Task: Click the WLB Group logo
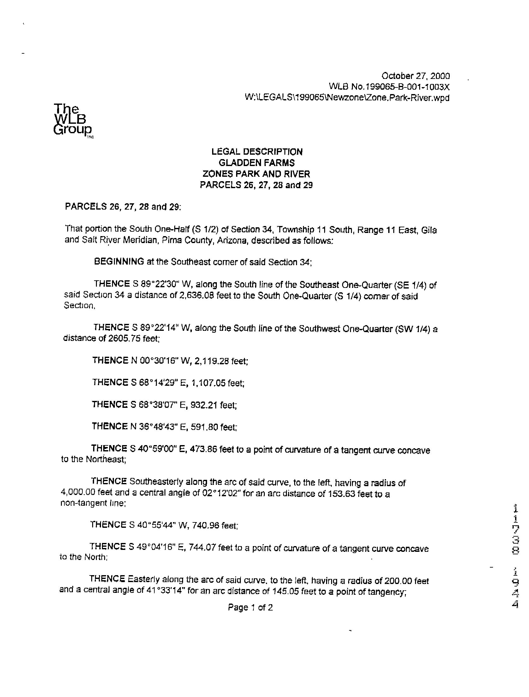coord(73,120)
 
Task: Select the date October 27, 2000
coord(415,76)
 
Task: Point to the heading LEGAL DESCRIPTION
coord(257,152)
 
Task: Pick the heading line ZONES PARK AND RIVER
coord(257,174)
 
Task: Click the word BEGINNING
coord(119,262)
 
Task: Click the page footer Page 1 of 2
coord(250,608)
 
